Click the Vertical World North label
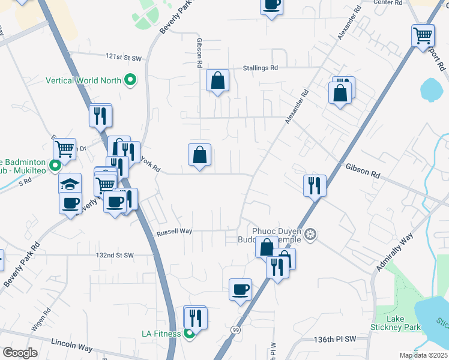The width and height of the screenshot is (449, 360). pos(83,80)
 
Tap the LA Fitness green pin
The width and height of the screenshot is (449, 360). pos(189,334)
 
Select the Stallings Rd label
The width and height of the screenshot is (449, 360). pos(261,68)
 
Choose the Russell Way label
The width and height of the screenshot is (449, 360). pos(174,231)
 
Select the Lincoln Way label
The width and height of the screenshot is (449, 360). pos(71,348)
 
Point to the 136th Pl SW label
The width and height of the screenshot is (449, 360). pos(335,339)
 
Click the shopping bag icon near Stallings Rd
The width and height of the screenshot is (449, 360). pos(217,80)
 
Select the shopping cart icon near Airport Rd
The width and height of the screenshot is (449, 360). pos(423,35)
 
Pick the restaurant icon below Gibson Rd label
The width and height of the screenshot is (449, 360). pos(315,185)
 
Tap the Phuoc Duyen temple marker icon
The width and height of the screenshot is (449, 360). pos(310,233)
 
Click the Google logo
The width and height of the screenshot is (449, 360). pos(20,353)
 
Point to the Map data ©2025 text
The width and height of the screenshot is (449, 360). pos(423,355)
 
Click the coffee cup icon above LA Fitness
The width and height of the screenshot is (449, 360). pos(240,290)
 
